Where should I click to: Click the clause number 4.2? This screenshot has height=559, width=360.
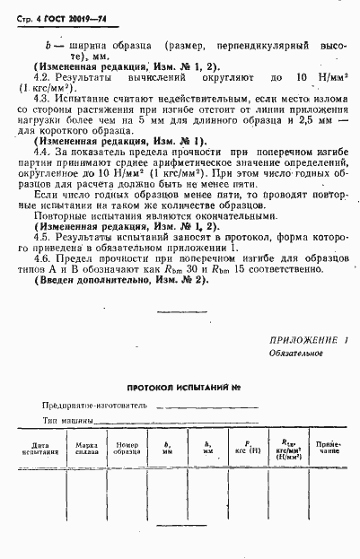point(40,79)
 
